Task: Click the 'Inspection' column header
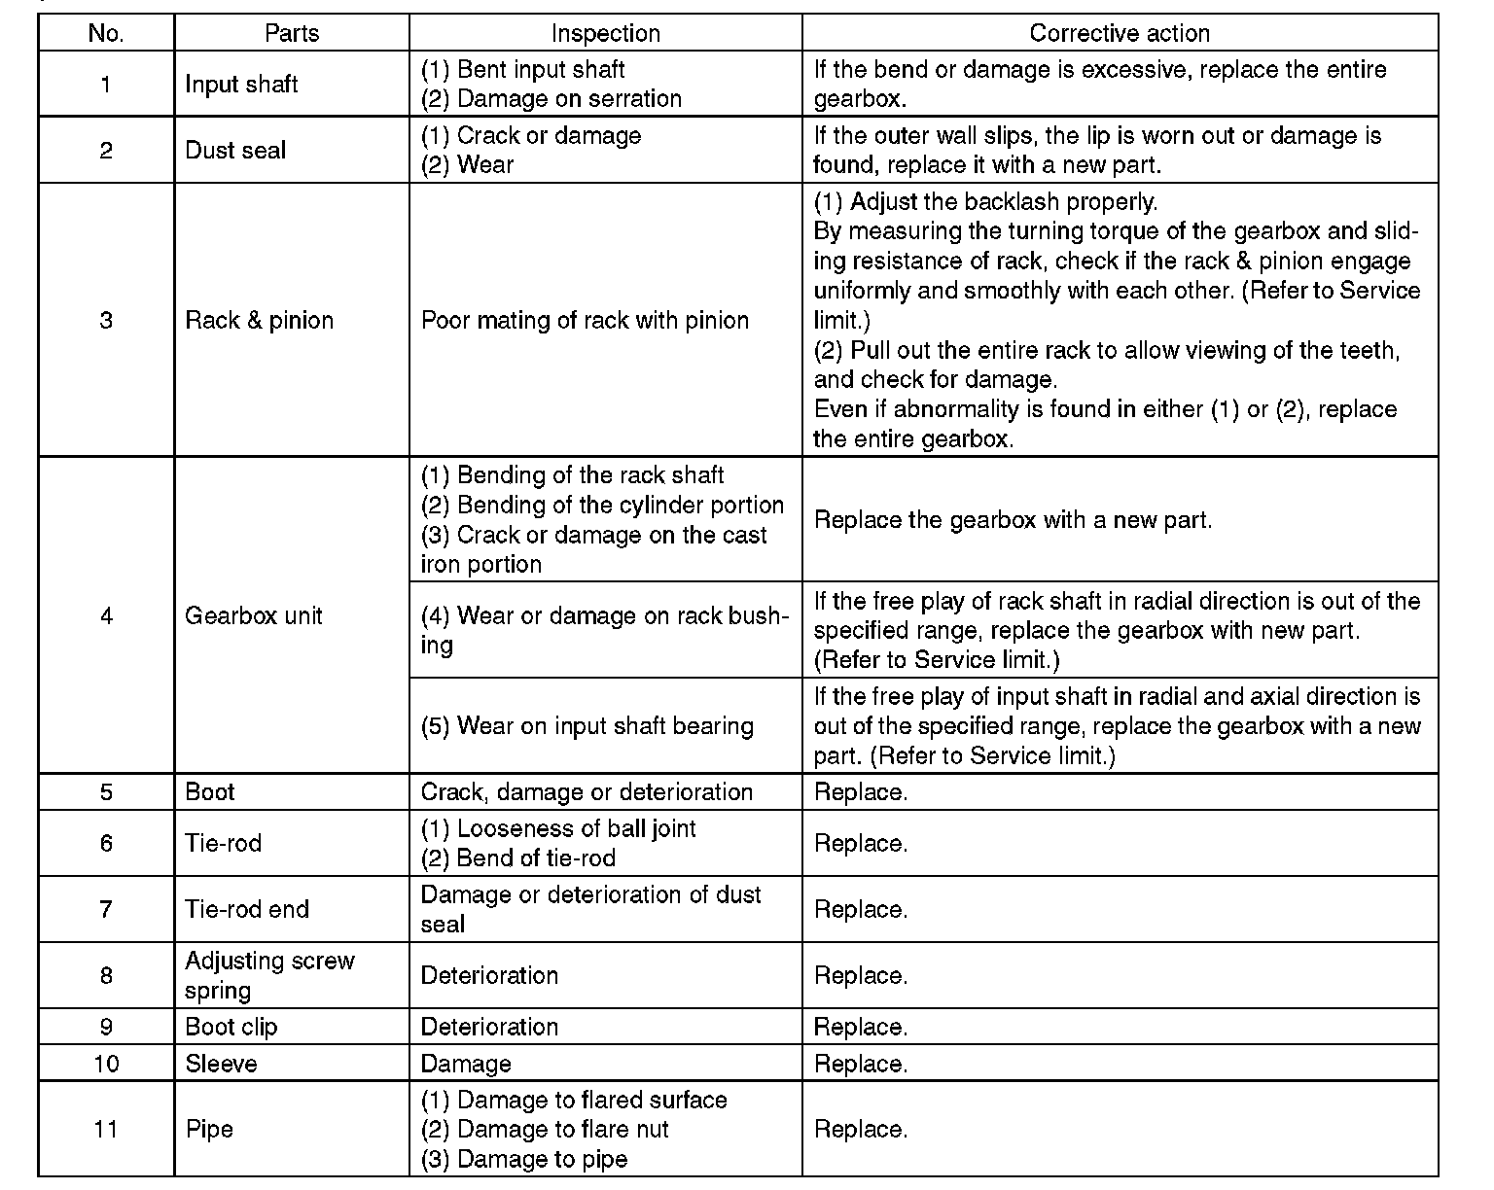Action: coord(605,33)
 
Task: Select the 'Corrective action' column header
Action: coord(1119,33)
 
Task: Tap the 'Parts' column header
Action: coord(292,33)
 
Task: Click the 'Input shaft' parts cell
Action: coord(241,85)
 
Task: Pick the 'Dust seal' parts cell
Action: coord(235,151)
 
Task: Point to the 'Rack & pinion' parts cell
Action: coord(259,321)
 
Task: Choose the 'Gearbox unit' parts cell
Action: coord(253,616)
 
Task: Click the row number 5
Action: coord(106,792)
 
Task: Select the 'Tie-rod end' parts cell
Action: coord(247,910)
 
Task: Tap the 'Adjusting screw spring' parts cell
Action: coord(269,975)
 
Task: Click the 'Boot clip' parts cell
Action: coord(231,1028)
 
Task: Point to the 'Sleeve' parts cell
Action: coord(221,1065)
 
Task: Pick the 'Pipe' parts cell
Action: coord(209,1130)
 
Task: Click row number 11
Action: coord(106,1130)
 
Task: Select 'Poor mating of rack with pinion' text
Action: coord(585,321)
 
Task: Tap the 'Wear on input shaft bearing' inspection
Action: coord(587,726)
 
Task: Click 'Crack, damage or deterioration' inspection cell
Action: coord(587,792)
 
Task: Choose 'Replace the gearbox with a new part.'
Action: coord(1013,520)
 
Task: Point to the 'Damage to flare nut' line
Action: coord(545,1130)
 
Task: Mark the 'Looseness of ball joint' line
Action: coord(558,829)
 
